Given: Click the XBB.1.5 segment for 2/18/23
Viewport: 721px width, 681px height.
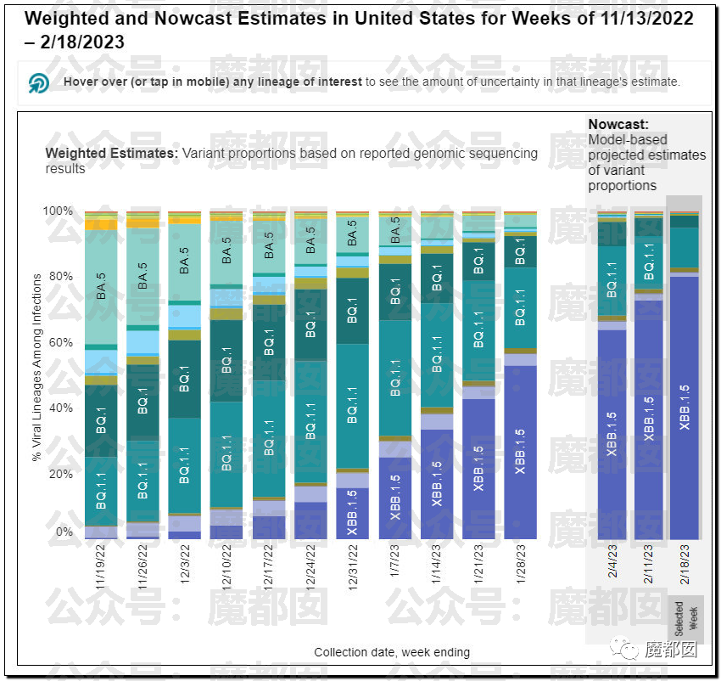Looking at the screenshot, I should click(684, 408).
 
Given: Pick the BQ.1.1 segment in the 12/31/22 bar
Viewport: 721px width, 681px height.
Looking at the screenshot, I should click(353, 406).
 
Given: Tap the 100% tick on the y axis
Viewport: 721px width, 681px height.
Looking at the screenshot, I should click(59, 211).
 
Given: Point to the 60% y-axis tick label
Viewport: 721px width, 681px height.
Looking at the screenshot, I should click(61, 342).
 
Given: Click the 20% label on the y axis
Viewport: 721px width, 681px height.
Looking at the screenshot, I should click(61, 474).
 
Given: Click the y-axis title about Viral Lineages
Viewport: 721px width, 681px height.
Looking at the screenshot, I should click(36, 367).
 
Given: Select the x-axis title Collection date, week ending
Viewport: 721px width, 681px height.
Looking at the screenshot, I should click(392, 652).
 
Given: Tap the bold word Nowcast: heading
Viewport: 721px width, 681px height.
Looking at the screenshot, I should click(618, 124).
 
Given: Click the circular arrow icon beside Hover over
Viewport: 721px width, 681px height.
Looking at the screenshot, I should click(39, 82).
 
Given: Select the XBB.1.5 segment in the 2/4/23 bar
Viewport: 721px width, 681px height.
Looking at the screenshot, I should click(612, 433).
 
